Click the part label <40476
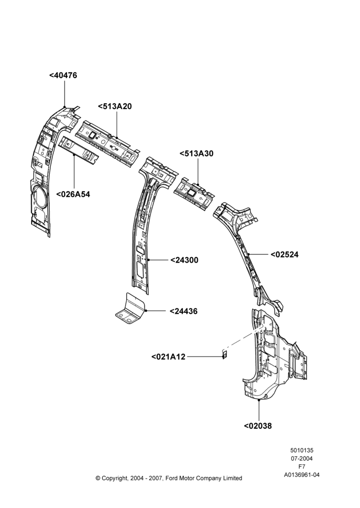63,75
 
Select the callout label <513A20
115,106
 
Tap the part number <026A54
73,195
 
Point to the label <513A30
197,153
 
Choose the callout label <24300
184,260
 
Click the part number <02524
284,255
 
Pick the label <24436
184,311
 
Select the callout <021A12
168,357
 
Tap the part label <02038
258,426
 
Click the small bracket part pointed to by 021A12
224,355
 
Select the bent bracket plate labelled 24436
130,309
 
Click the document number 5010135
302,450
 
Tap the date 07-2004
302,458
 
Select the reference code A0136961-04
302,475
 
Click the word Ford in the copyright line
172,478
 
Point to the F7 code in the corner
302,467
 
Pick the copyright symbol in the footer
98,478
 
